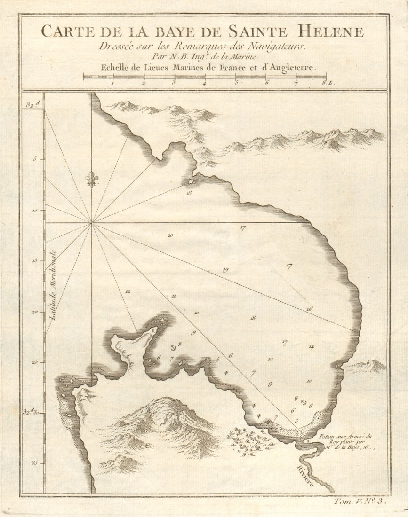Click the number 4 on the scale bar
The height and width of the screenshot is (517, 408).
(x=204, y=83)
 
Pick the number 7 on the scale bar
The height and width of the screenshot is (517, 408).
(x=296, y=83)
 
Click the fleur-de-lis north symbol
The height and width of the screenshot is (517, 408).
(x=92, y=179)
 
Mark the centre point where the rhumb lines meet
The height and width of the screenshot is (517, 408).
(x=92, y=222)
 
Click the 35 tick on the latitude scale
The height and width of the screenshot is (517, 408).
(x=34, y=463)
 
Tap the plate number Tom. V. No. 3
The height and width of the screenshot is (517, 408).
(x=360, y=501)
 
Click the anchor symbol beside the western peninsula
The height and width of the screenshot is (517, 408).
(x=172, y=347)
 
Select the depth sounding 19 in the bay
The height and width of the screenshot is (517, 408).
(x=225, y=270)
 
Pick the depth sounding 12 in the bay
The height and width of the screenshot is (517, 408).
(x=127, y=292)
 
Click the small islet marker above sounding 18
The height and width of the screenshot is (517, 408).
(x=191, y=181)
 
